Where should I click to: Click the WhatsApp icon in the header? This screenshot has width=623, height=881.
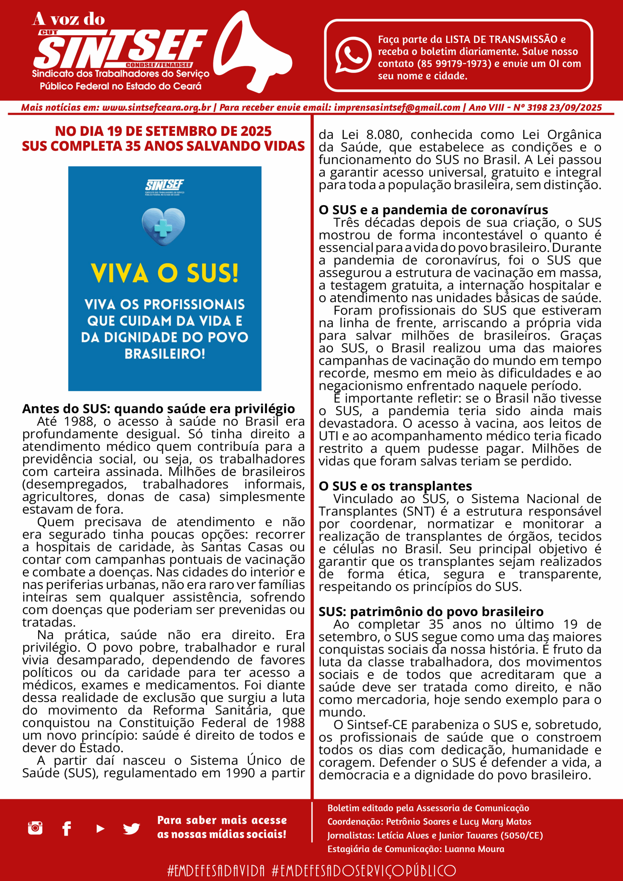[x=353, y=55]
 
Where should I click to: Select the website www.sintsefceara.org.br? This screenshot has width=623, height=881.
[x=156, y=108]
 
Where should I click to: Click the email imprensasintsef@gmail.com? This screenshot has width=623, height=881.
[x=397, y=108]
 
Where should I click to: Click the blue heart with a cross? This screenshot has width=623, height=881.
[x=163, y=227]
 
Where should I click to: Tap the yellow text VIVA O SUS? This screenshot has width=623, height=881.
[x=165, y=273]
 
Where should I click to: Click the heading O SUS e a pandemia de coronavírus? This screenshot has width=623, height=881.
[x=433, y=210]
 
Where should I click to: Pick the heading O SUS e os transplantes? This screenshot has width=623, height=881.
[x=395, y=486]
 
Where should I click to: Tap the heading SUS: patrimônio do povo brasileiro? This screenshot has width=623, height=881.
[x=431, y=612]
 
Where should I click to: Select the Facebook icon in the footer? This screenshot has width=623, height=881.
[x=67, y=828]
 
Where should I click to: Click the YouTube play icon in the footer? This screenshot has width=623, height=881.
[x=101, y=829]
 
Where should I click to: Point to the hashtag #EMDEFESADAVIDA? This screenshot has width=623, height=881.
[x=216, y=870]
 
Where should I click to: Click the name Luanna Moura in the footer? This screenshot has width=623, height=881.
[x=474, y=849]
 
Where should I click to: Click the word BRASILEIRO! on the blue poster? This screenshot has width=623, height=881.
[x=165, y=354]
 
